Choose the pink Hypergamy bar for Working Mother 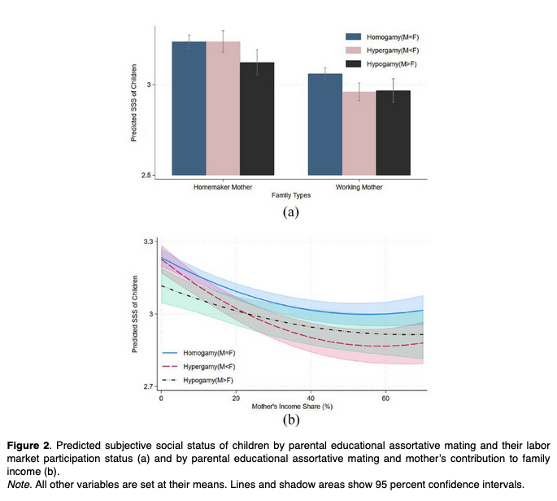point(359,133)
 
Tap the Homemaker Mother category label point(223,186)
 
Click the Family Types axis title point(290,195)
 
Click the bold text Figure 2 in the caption point(29,447)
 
